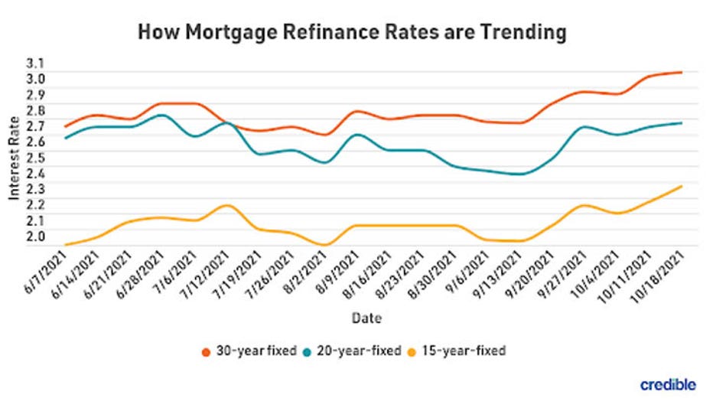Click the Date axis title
363,318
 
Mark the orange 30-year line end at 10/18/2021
680,73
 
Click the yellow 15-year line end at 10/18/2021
680,186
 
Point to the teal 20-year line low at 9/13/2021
520,174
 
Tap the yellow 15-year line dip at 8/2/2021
324,245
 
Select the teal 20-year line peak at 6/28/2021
161,115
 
